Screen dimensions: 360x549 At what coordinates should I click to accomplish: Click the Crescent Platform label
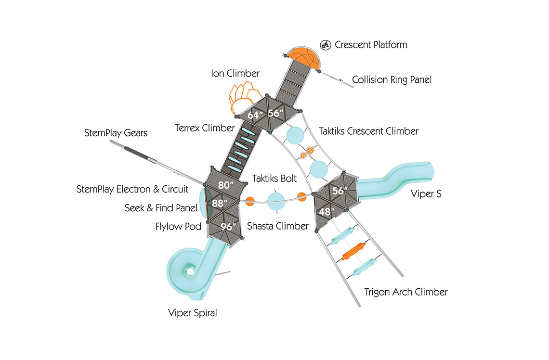click(371, 45)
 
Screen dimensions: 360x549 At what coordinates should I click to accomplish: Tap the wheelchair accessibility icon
click(326, 45)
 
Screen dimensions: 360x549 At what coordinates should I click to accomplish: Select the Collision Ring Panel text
click(392, 80)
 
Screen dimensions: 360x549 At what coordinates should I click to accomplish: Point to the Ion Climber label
click(235, 74)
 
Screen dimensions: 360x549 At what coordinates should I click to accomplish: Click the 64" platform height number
click(254, 115)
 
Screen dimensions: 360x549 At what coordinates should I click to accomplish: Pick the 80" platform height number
click(225, 185)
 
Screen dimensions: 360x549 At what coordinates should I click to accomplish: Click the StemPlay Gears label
click(116, 133)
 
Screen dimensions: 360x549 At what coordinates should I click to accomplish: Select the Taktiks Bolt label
click(274, 179)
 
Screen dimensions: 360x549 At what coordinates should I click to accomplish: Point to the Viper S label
click(426, 194)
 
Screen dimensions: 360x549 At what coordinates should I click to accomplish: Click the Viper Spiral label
click(193, 313)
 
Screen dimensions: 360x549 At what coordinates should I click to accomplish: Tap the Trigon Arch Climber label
click(406, 292)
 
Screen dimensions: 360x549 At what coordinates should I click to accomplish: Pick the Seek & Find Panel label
click(161, 208)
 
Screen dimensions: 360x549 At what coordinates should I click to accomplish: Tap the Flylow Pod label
click(178, 226)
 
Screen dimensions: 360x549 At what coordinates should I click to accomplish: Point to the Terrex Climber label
click(205, 128)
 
